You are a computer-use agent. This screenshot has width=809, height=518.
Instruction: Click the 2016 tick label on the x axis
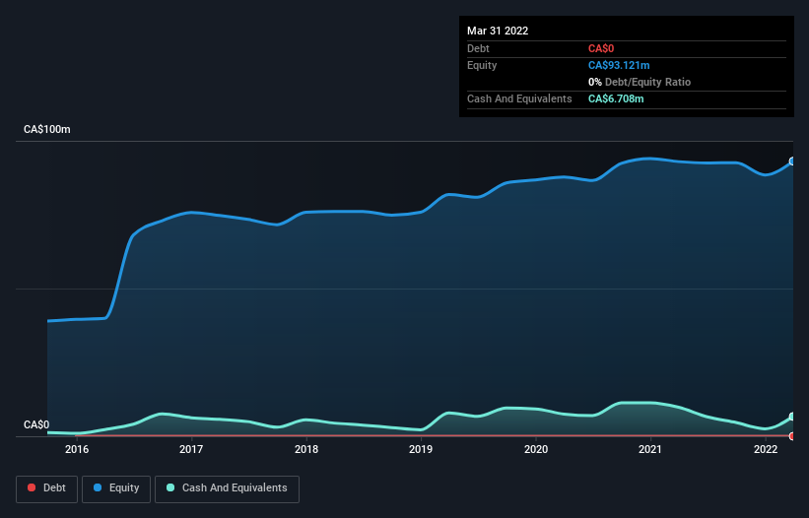[77, 450]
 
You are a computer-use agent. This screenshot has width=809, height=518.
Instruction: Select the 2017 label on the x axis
[191, 450]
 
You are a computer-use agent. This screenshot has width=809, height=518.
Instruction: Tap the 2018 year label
[306, 450]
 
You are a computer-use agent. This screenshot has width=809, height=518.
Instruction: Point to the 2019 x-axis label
[421, 450]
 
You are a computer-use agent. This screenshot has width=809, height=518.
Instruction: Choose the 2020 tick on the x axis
[536, 450]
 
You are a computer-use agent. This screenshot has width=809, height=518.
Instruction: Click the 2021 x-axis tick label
[650, 450]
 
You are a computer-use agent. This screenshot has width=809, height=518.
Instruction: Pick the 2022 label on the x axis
[766, 450]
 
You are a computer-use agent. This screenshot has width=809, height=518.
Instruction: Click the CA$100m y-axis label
[47, 130]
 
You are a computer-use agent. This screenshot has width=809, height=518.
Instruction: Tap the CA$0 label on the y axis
[36, 424]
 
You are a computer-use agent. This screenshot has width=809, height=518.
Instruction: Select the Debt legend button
[45, 487]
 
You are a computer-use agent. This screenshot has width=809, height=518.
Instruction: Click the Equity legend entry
[116, 487]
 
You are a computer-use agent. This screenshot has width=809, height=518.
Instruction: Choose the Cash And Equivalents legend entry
[227, 487]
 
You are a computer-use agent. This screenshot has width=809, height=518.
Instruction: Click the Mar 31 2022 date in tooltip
[498, 31]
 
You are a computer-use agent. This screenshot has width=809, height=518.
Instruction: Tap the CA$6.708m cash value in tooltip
[616, 98]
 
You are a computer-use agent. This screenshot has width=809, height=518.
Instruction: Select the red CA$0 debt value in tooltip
[602, 48]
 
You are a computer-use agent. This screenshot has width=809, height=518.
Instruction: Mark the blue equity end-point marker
[792, 162]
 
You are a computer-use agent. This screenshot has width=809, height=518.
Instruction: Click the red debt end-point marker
[792, 435]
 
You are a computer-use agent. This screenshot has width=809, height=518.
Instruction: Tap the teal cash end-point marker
[792, 417]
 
